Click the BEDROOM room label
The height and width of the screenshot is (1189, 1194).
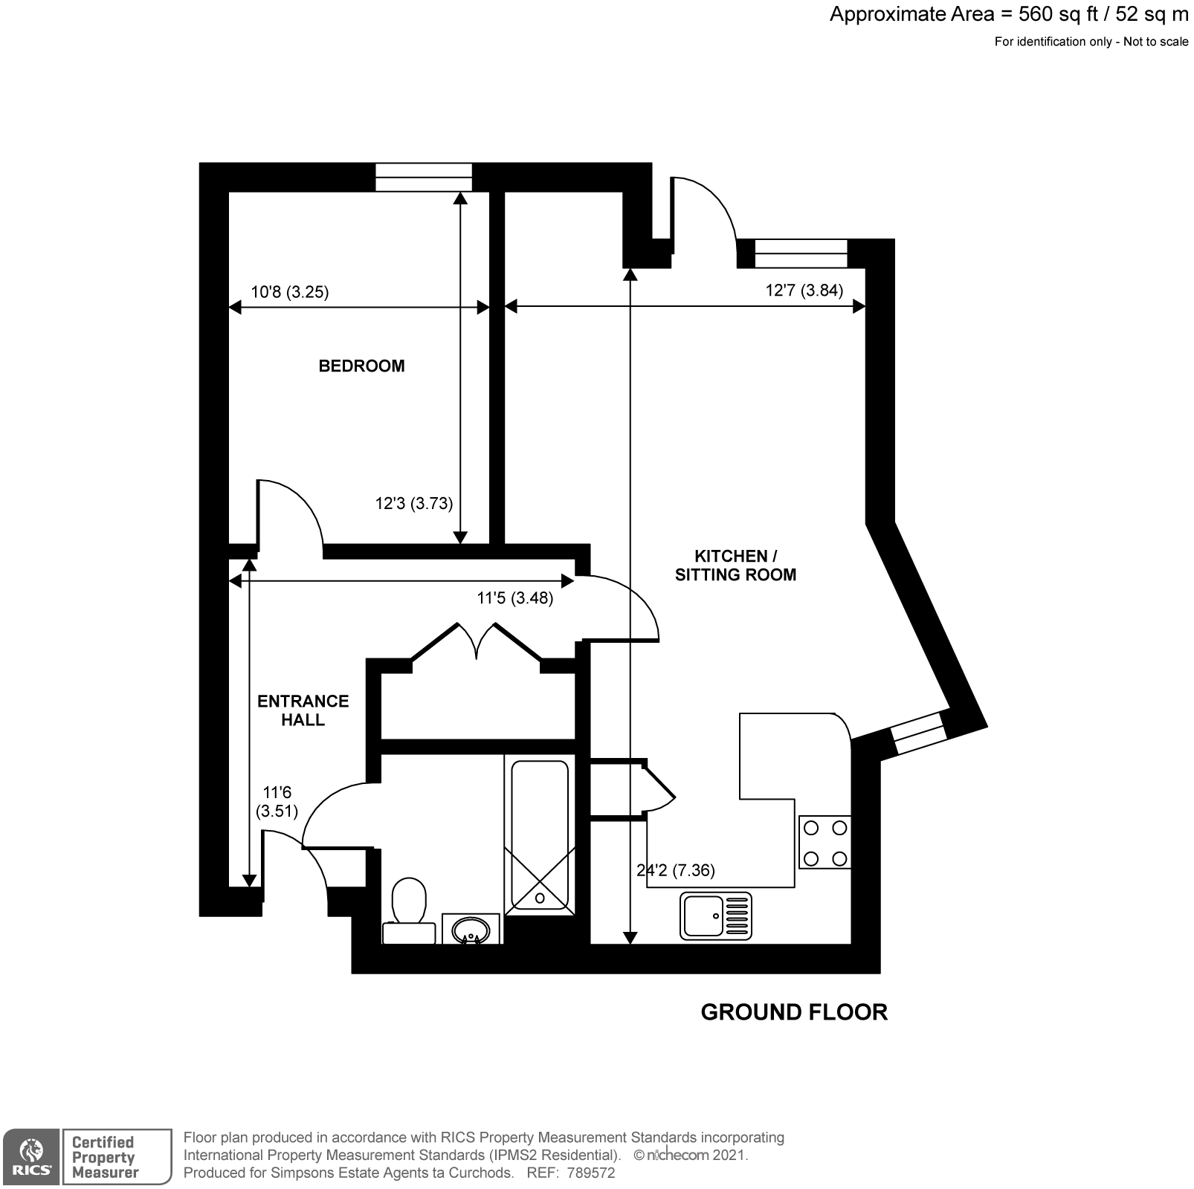(x=361, y=366)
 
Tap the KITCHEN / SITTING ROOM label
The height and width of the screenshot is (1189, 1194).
(x=735, y=565)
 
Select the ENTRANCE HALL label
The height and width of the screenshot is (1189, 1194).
(x=303, y=710)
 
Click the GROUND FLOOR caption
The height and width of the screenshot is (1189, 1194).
(x=794, y=1012)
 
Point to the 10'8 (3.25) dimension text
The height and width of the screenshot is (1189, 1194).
(x=289, y=292)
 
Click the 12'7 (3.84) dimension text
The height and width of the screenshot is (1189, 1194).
(x=804, y=290)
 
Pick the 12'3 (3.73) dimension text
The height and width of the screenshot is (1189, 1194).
(x=413, y=504)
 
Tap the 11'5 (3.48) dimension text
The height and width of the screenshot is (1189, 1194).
(x=514, y=598)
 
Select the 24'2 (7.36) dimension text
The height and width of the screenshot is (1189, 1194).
(x=676, y=870)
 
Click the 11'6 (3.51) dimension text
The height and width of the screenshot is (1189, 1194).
(x=277, y=802)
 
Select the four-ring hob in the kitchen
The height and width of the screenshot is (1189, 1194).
(x=825, y=843)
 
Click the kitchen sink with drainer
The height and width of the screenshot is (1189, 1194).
(x=715, y=916)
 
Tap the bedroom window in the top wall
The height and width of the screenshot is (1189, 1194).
(x=423, y=177)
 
